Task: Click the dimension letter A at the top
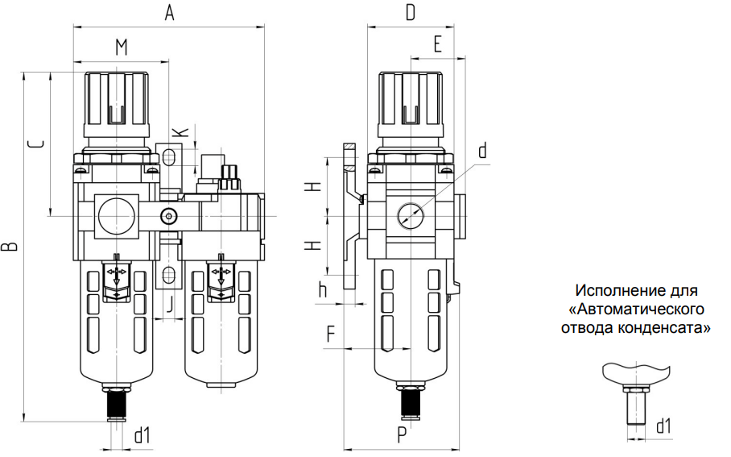(x=169, y=12)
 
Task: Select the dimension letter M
(x=122, y=47)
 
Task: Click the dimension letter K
(x=181, y=131)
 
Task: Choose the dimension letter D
(x=411, y=12)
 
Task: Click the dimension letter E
(x=437, y=44)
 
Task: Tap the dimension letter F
(x=331, y=334)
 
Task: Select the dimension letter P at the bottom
(x=402, y=435)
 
